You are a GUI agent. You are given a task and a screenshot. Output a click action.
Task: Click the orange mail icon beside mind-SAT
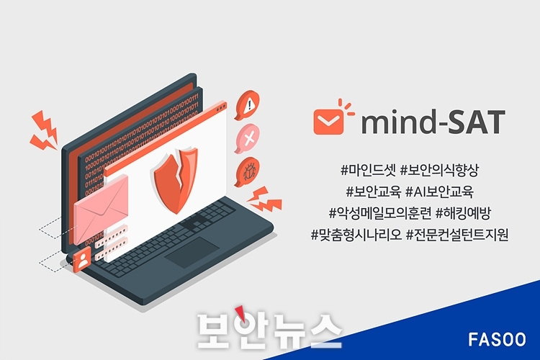328,120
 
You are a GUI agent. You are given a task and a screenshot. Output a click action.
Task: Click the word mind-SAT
433,122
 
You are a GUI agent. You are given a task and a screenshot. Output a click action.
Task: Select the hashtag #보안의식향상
439,170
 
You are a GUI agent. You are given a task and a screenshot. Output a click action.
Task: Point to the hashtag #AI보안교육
439,192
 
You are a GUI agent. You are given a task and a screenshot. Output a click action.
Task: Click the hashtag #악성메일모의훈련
380,213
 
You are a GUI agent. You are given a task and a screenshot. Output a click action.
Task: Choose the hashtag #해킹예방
462,213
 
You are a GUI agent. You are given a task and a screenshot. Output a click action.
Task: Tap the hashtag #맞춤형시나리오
356,235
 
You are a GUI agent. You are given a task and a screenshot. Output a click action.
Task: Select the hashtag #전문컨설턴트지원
457,235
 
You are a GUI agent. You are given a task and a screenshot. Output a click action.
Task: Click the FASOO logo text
497,339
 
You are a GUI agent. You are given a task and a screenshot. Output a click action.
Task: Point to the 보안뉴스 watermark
270,328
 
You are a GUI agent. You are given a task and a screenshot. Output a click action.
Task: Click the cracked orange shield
176,179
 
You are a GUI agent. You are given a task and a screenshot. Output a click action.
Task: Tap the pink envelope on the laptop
101,208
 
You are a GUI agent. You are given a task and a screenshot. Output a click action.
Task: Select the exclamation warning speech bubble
247,104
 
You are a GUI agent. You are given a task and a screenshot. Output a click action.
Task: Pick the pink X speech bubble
247,138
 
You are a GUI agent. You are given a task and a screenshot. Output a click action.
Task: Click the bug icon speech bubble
247,172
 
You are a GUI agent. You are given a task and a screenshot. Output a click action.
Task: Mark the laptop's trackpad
192,252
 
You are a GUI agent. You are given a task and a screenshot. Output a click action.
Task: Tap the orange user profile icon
82,260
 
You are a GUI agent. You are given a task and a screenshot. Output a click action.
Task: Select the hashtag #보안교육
373,192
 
